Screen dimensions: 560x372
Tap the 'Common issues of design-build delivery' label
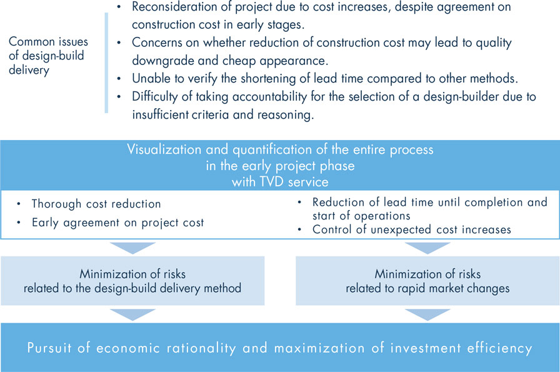pyautogui.click(x=48, y=56)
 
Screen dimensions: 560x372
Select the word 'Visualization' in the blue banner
pyautogui.click(x=164, y=149)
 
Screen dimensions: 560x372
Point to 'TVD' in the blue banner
pyautogui.click(x=272, y=182)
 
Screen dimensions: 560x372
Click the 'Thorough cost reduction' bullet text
pyautogui.click(x=96, y=204)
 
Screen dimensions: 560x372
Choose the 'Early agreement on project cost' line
pyautogui.click(x=118, y=223)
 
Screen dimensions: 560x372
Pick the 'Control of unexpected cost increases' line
pyautogui.click(x=412, y=229)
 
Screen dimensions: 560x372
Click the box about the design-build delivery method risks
pyautogui.click(x=132, y=281)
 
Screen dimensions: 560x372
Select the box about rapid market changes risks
pyautogui.click(x=427, y=281)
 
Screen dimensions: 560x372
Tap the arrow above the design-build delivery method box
pyautogui.click(x=132, y=248)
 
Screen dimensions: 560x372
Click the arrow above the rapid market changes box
pyautogui.click(x=427, y=248)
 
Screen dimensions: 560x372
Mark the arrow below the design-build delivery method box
pyautogui.click(x=132, y=314)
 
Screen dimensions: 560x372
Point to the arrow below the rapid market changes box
pyautogui.click(x=427, y=314)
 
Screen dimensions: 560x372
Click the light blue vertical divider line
pyautogui.click(x=106, y=63)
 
